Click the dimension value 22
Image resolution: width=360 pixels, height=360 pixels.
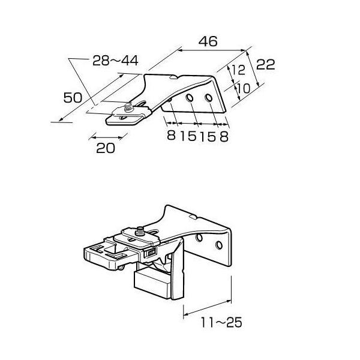point(265,65)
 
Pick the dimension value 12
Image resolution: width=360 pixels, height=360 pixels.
point(239,70)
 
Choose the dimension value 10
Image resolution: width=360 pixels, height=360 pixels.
point(243,88)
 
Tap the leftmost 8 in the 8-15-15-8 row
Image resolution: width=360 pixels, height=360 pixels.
point(171,136)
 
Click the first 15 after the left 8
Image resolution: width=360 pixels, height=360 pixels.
point(188,136)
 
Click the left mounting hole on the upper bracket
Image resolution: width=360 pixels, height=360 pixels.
point(189,97)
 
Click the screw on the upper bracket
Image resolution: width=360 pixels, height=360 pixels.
point(128,108)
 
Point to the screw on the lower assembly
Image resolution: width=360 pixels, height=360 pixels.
point(139,230)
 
